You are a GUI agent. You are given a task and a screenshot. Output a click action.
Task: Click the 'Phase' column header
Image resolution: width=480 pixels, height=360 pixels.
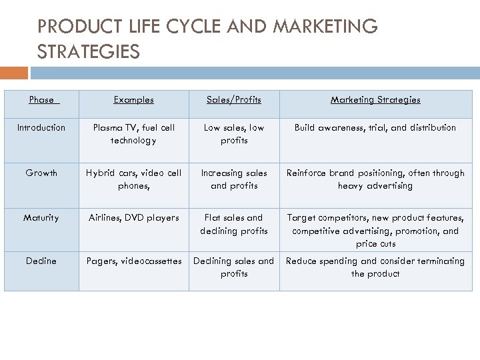[x=41, y=100]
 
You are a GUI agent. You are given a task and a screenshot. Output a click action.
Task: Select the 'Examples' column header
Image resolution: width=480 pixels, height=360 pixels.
[x=133, y=100]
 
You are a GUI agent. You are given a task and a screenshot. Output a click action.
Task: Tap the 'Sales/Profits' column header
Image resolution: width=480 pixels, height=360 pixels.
[x=233, y=100]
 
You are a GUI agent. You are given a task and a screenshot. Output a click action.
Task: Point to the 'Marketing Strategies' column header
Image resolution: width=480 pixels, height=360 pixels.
[x=375, y=100]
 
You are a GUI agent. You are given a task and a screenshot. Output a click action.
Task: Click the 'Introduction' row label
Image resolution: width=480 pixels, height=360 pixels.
[x=41, y=127]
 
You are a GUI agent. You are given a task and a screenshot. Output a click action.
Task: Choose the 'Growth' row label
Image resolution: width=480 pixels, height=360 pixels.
[x=41, y=173]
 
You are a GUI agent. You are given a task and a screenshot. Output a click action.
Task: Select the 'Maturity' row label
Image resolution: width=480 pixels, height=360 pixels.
[x=41, y=217]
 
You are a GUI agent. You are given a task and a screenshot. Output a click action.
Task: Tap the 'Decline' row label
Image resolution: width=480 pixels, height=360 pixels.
[x=41, y=261]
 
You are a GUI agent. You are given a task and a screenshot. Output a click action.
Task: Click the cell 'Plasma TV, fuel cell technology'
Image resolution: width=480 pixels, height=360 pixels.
[x=133, y=134]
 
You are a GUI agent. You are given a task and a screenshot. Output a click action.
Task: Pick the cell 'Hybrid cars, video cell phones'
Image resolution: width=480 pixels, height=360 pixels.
[x=133, y=179]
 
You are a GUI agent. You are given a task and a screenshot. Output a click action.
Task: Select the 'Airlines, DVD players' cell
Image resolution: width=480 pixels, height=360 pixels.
[x=133, y=217]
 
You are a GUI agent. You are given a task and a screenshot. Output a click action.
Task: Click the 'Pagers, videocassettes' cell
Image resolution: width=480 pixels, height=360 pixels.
[x=133, y=261]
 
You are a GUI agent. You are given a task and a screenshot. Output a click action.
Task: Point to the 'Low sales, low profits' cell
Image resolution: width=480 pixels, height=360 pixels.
[x=233, y=134]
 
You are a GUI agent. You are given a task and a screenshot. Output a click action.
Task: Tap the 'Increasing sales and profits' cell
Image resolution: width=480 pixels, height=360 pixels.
[x=233, y=179]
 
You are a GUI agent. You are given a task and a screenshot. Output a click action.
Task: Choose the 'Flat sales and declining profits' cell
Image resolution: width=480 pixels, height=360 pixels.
[x=233, y=224]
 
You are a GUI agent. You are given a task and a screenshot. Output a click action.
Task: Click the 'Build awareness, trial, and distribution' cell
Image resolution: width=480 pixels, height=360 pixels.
[x=375, y=127]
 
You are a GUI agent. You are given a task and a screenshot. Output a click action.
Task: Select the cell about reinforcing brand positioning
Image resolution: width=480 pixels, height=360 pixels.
[x=375, y=179]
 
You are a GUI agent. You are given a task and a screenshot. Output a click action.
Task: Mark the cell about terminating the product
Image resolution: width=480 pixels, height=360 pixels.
[x=375, y=267]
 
